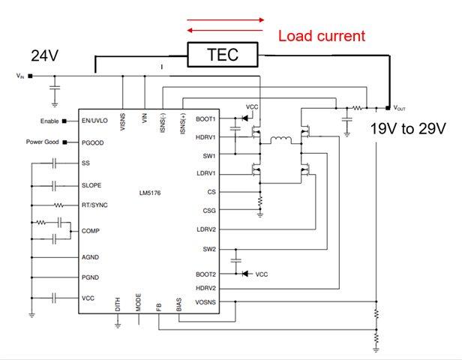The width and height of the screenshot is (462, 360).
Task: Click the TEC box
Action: click(x=222, y=55)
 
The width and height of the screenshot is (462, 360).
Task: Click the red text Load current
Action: click(x=322, y=35)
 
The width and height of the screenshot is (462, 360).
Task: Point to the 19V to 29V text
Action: click(x=407, y=129)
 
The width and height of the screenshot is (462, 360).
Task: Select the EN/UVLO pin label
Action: click(x=96, y=120)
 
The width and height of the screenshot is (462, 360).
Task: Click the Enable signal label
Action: click(x=50, y=120)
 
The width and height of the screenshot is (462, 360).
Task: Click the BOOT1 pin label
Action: click(x=205, y=118)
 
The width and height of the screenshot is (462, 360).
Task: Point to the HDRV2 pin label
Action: click(x=205, y=287)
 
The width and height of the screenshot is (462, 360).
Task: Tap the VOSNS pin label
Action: click(x=205, y=302)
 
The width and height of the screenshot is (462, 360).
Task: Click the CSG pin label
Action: click(x=209, y=211)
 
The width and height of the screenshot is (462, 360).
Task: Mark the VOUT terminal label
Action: click(x=401, y=108)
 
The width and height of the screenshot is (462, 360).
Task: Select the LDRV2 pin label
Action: click(x=205, y=229)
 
